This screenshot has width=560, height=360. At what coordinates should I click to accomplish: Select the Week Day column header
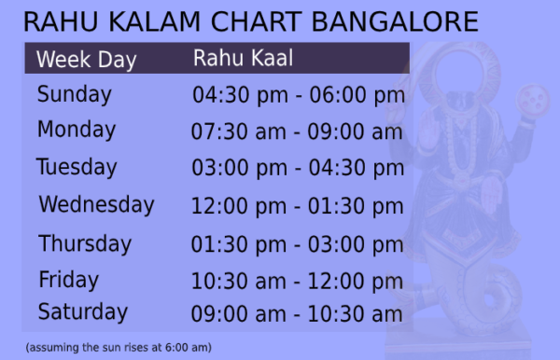86,61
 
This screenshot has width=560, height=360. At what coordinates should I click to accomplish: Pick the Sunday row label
74,94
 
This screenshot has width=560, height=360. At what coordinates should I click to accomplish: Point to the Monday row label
77,130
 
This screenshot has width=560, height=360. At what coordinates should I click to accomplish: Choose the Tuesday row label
77,168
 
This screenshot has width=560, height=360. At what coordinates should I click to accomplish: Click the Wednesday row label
96,204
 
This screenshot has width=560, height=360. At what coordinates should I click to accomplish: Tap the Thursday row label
85,243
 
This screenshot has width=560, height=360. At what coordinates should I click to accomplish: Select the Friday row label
68,279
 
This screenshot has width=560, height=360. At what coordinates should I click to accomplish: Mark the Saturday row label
82,312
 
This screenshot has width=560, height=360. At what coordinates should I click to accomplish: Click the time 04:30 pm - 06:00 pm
298,95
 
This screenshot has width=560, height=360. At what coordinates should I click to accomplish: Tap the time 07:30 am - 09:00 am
297,132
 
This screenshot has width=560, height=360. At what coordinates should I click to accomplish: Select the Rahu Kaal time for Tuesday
298,169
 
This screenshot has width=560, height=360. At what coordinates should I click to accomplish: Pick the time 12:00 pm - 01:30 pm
297,206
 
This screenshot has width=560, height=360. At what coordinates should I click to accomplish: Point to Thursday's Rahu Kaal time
298,244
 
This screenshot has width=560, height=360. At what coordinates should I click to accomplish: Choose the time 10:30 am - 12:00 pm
297,281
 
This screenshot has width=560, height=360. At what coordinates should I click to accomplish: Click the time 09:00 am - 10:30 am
297,314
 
